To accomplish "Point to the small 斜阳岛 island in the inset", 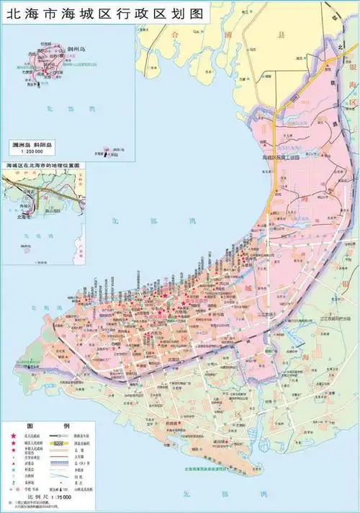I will [x=109, y=151].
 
